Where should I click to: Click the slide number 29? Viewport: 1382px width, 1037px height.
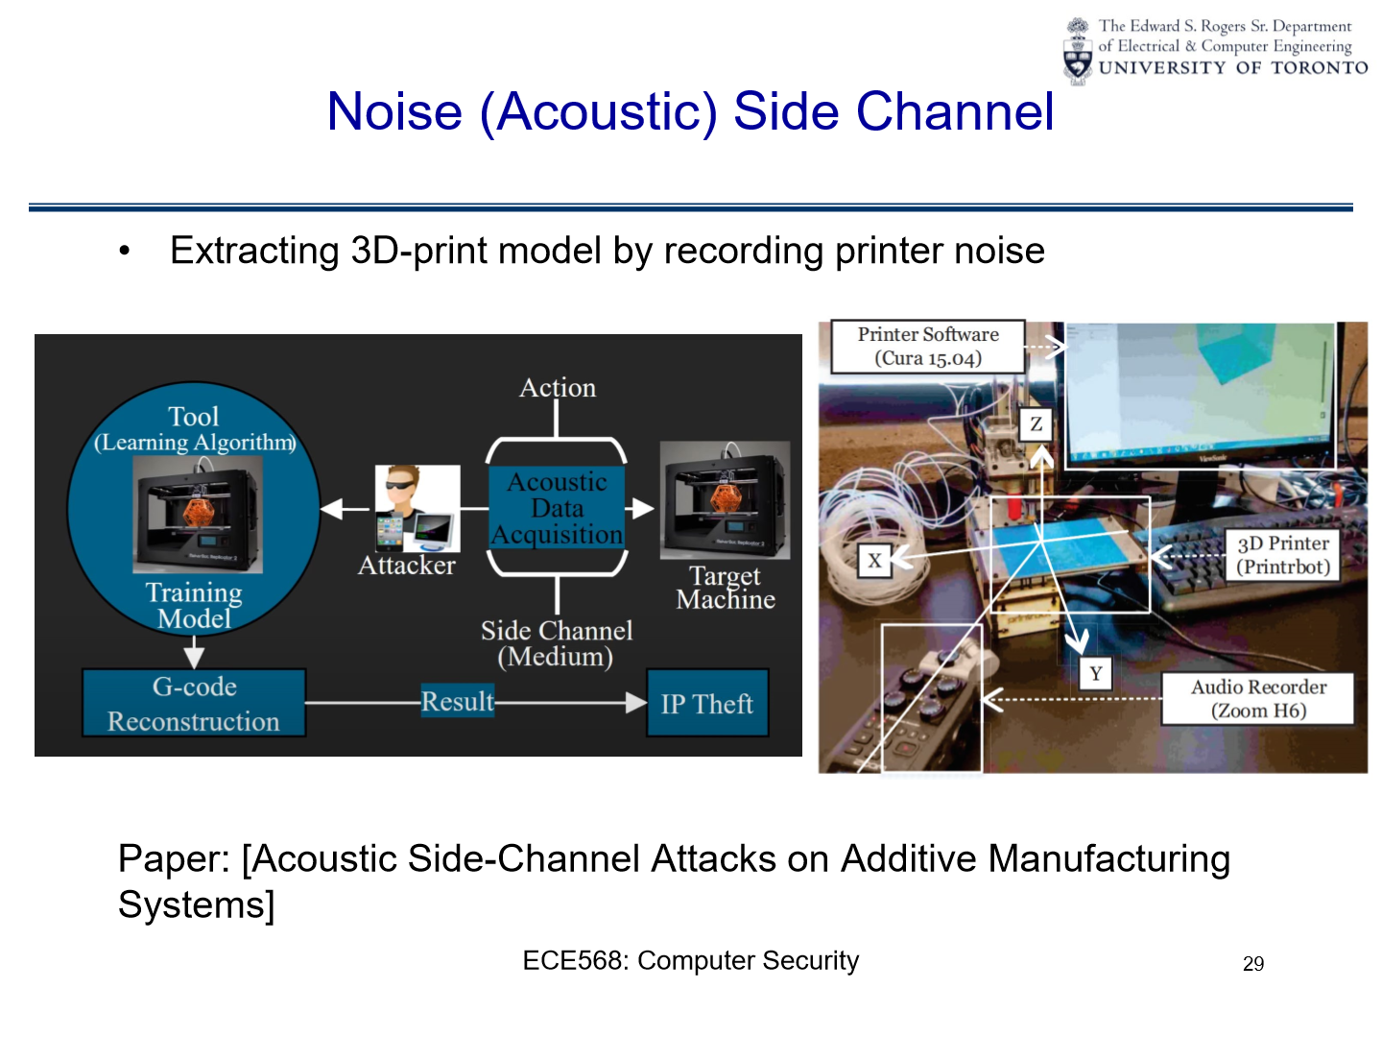(x=1253, y=964)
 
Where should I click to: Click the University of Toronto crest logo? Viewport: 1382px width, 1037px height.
(x=1079, y=51)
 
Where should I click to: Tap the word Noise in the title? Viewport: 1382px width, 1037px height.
(x=394, y=111)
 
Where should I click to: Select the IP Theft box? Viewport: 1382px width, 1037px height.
(x=707, y=704)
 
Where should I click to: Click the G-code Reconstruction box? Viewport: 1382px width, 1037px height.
(x=194, y=704)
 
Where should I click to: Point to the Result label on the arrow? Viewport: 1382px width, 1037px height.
(x=458, y=702)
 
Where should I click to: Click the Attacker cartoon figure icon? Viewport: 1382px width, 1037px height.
(x=416, y=507)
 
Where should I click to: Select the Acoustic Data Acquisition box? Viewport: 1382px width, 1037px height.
(x=558, y=508)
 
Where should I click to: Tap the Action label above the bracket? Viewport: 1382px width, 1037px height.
(x=558, y=388)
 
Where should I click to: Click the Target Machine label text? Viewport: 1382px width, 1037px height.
(x=726, y=588)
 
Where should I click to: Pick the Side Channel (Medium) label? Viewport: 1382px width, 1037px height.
(x=557, y=643)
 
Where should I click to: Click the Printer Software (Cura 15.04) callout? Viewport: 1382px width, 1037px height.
(x=928, y=347)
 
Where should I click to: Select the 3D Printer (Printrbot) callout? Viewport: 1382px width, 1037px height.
(x=1283, y=555)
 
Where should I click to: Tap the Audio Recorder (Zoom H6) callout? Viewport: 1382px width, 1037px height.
(x=1258, y=699)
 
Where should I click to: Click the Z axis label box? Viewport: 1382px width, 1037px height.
(x=1036, y=423)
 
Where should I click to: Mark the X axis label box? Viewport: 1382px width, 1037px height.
(x=874, y=561)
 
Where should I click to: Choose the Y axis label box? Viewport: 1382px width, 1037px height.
(x=1095, y=673)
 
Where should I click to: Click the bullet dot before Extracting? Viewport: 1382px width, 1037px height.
(x=124, y=252)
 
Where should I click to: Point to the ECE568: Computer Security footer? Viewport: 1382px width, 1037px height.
(x=690, y=961)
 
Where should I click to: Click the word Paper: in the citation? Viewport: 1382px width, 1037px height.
(x=174, y=859)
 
